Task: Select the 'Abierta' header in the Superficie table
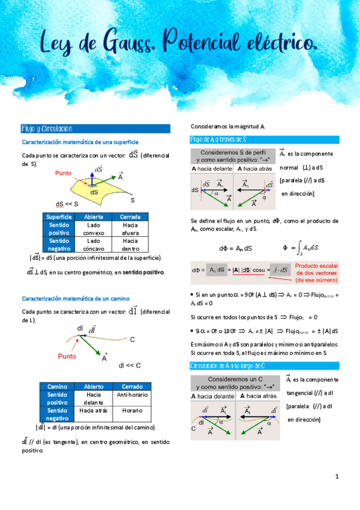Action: point(93,217)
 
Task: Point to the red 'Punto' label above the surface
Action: point(63,173)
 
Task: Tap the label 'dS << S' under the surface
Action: point(67,204)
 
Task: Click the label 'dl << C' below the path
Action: point(130,365)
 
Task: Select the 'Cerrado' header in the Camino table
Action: point(130,386)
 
